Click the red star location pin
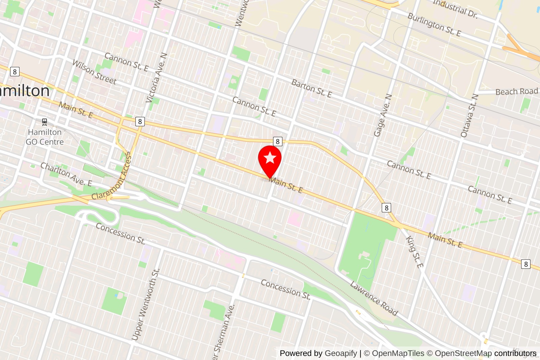pyautogui.click(x=270, y=159)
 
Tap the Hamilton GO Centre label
pyautogui.click(x=45, y=137)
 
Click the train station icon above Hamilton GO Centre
pyautogui.click(x=45, y=122)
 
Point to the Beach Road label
pyautogui.click(x=516, y=92)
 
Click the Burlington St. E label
pyautogui.click(x=434, y=24)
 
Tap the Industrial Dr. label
pyautogui.click(x=455, y=8)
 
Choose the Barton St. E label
pyautogui.click(x=312, y=88)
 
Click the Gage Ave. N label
pyautogui.click(x=383, y=115)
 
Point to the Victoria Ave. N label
pyautogui.click(x=156, y=78)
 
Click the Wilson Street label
pyautogui.click(x=94, y=72)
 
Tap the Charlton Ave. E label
pyautogui.click(x=66, y=174)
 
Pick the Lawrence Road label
pyautogui.click(x=374, y=298)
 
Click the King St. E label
pyautogui.click(x=414, y=252)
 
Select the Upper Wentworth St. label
pyautogui.click(x=145, y=304)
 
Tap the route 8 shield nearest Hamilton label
pyautogui.click(x=15, y=72)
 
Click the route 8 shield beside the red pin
pyautogui.click(x=277, y=141)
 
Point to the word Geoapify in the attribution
pyautogui.click(x=341, y=353)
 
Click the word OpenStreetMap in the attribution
pyautogui.click(x=463, y=353)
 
